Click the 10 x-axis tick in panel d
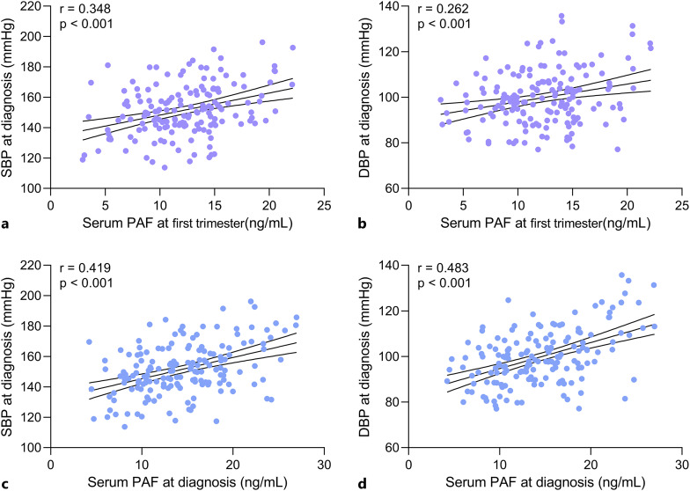(x=499, y=462)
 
